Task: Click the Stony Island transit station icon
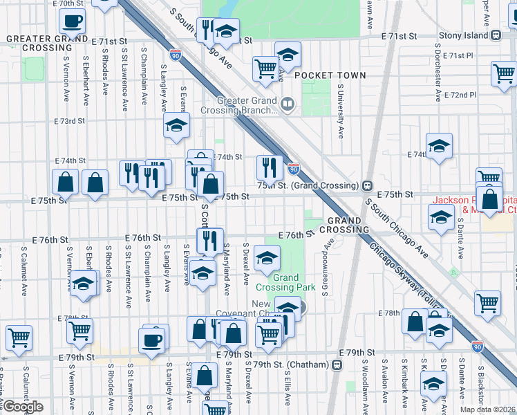pyautogui.click(x=496, y=35)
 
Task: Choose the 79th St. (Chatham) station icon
pyautogui.click(x=338, y=364)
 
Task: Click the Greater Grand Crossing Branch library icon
pyautogui.click(x=287, y=105)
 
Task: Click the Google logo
pyautogui.click(x=23, y=407)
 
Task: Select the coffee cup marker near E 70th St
pyautogui.click(x=73, y=21)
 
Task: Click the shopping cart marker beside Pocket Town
pyautogui.click(x=265, y=68)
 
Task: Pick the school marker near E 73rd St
pyautogui.click(x=177, y=124)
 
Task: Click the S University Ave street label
pyautogui.click(x=341, y=111)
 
